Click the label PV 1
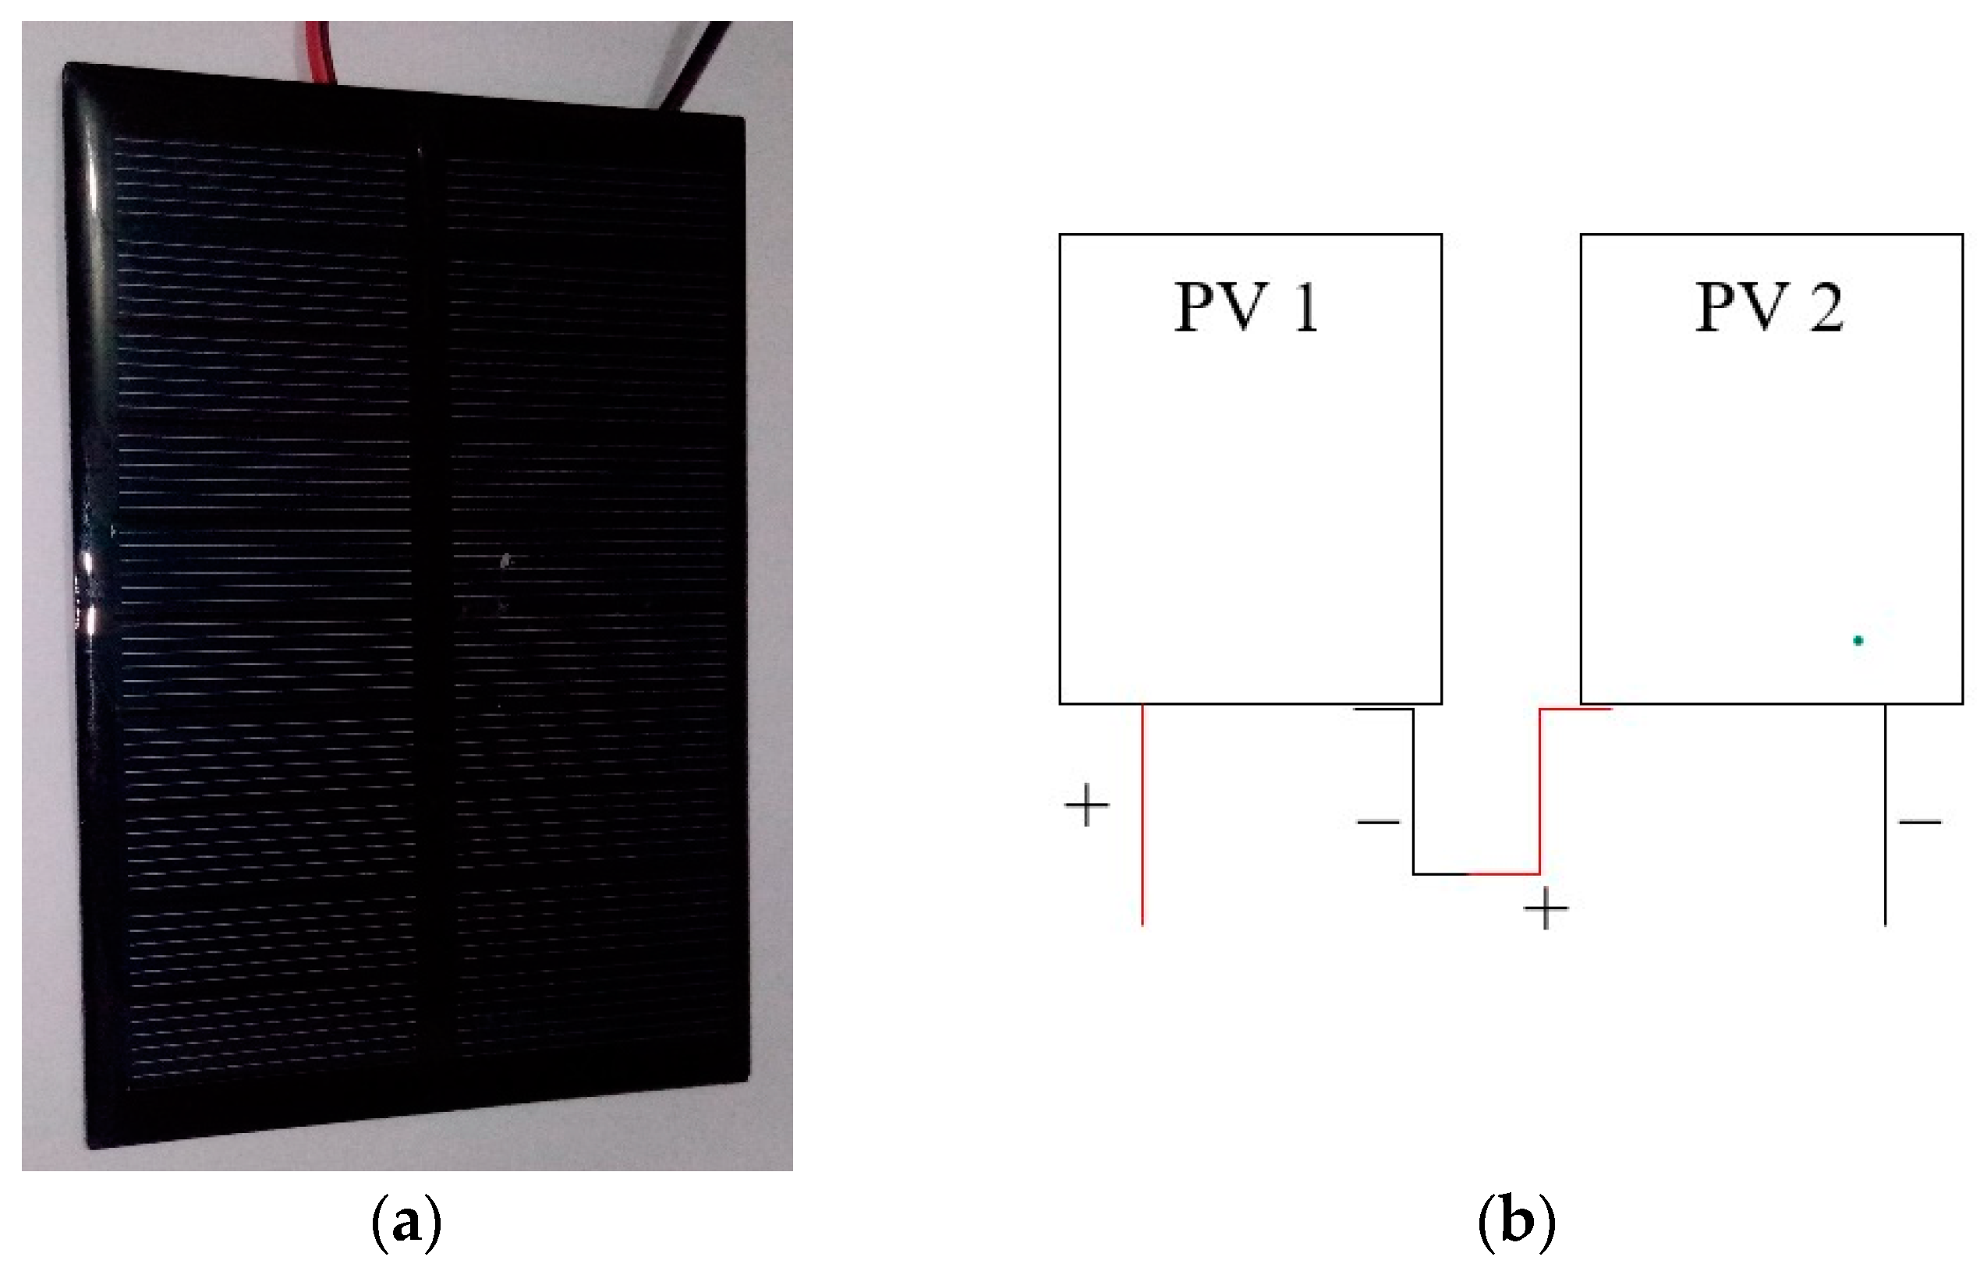click(1245, 307)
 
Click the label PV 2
click(1768, 307)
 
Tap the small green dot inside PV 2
click(1858, 640)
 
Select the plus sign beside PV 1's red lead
click(1086, 805)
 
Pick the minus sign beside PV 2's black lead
click(1920, 822)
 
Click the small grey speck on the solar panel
click(506, 561)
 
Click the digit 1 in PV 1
click(1305, 307)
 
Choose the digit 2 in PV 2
click(1826, 307)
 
